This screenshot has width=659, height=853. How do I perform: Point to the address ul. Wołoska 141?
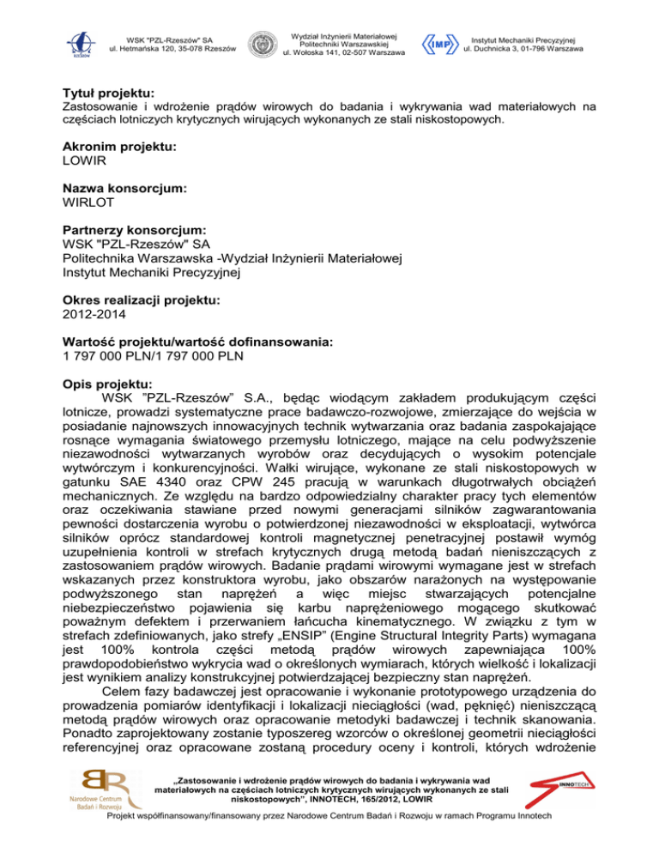(343, 53)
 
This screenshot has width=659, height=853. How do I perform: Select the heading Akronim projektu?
(120, 147)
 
